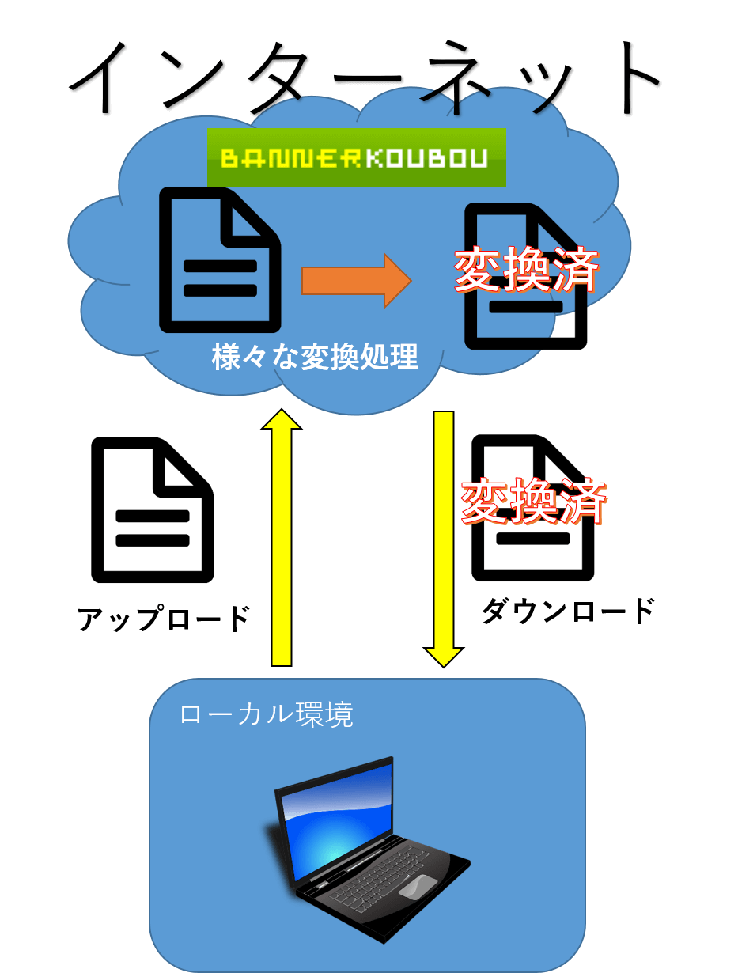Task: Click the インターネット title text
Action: click(365, 78)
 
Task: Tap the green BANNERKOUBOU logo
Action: click(357, 157)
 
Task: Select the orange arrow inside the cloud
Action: click(357, 281)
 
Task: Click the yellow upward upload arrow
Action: click(282, 537)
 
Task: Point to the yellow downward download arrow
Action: click(443, 539)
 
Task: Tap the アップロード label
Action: click(164, 619)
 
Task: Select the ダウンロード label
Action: click(568, 611)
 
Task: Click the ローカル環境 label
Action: click(267, 714)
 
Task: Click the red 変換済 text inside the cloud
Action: click(526, 269)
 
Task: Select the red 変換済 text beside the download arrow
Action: click(533, 502)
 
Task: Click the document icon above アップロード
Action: click(152, 509)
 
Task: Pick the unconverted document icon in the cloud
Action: click(220, 260)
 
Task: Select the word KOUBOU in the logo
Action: click(427, 158)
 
